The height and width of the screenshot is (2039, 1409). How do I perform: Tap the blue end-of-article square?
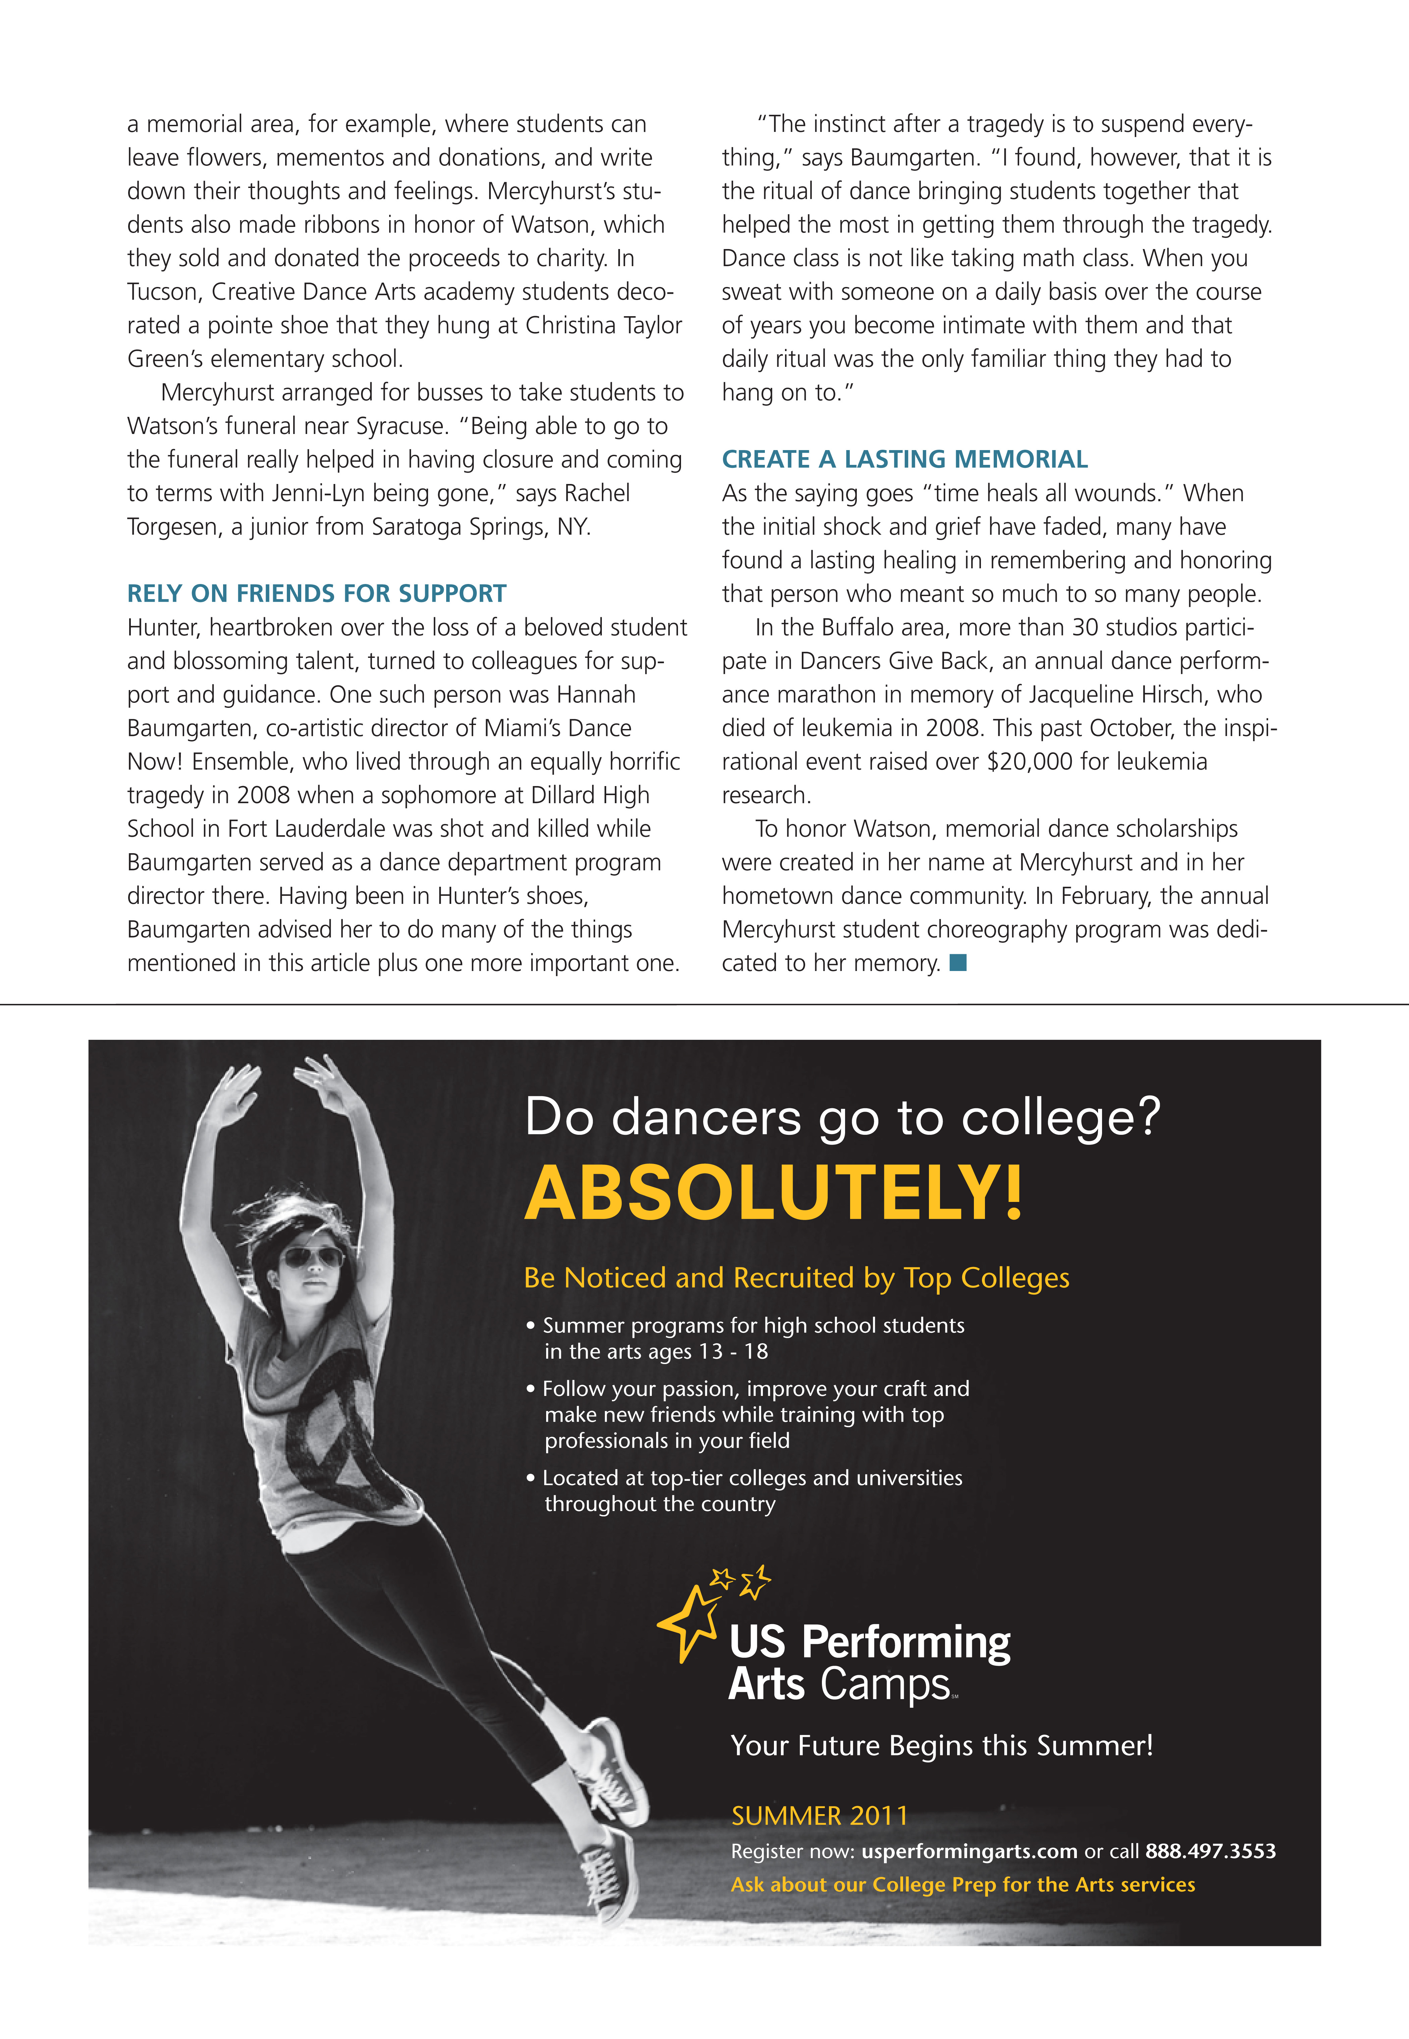958,963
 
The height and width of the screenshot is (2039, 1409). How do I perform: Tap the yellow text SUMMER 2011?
819,1815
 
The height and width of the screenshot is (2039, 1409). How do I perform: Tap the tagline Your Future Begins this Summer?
941,1746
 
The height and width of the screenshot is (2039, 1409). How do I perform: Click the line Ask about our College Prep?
962,1885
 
